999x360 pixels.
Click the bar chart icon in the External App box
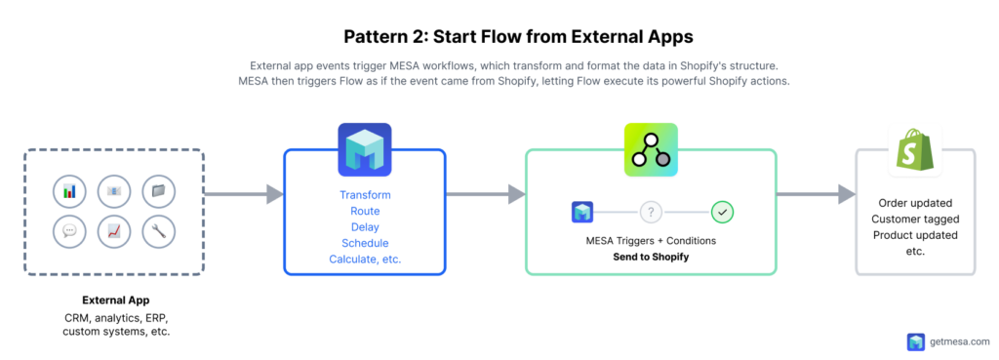[x=68, y=190]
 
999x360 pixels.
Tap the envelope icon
[x=114, y=190]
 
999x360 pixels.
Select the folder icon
[x=158, y=190]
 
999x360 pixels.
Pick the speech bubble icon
[x=68, y=231]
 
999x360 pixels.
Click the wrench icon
[x=158, y=231]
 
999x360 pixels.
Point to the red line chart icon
[x=114, y=231]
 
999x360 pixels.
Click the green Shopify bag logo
[x=914, y=152]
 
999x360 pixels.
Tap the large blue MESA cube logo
[x=364, y=149]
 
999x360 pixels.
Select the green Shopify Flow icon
[x=651, y=149]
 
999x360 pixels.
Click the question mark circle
[x=652, y=212]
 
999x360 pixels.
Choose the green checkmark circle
[x=722, y=212]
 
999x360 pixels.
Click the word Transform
[x=364, y=195]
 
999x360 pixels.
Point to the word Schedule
[x=364, y=243]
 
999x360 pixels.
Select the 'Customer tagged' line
[x=914, y=220]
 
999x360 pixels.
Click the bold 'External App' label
[x=115, y=300]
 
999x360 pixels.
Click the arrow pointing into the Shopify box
[x=816, y=195]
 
